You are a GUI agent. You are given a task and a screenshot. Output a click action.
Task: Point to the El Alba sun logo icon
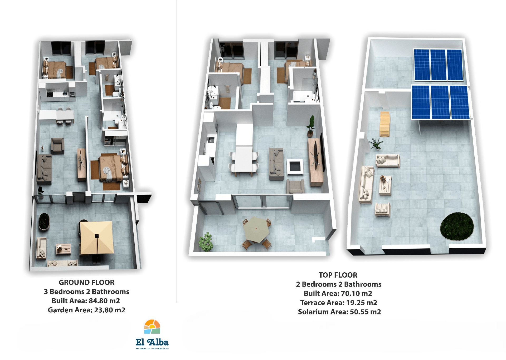click(152, 327)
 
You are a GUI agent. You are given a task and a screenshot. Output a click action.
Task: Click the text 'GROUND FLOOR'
click(86, 283)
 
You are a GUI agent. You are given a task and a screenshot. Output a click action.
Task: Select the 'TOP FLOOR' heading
click(338, 275)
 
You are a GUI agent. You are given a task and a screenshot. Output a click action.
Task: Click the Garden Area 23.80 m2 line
click(86, 310)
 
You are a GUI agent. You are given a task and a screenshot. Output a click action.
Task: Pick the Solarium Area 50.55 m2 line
click(339, 312)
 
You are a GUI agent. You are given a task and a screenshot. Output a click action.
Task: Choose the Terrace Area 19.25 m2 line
click(339, 303)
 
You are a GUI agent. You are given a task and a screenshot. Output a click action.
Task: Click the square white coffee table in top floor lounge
click(295, 167)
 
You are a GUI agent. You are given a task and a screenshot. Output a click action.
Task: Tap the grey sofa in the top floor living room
click(276, 161)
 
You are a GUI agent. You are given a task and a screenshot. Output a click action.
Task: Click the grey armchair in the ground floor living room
click(58, 146)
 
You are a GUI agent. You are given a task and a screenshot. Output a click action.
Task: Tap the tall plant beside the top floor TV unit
click(311, 126)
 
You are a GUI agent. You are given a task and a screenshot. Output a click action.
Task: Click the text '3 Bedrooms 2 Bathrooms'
click(86, 292)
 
